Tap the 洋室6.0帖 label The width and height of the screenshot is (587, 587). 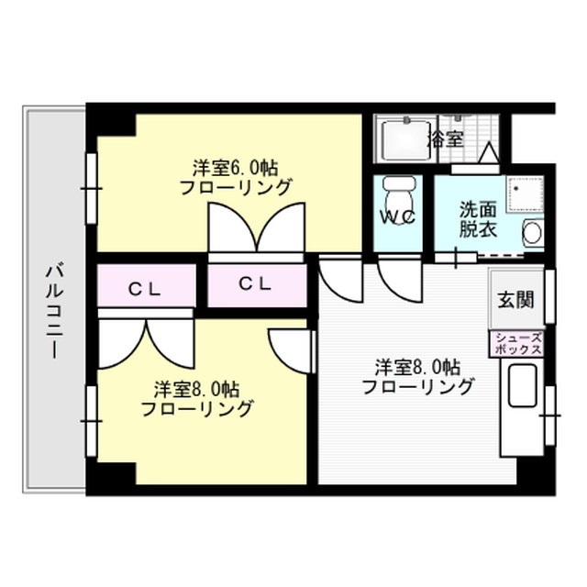236,168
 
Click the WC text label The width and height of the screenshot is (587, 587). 399,218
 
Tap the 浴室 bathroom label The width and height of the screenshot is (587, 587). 446,140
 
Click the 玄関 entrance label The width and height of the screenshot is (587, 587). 515,300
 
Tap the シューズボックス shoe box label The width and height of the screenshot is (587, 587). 518,343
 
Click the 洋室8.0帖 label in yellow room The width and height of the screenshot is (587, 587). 197,388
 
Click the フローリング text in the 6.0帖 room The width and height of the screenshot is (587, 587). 236,189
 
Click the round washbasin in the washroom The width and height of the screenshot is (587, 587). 533,233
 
